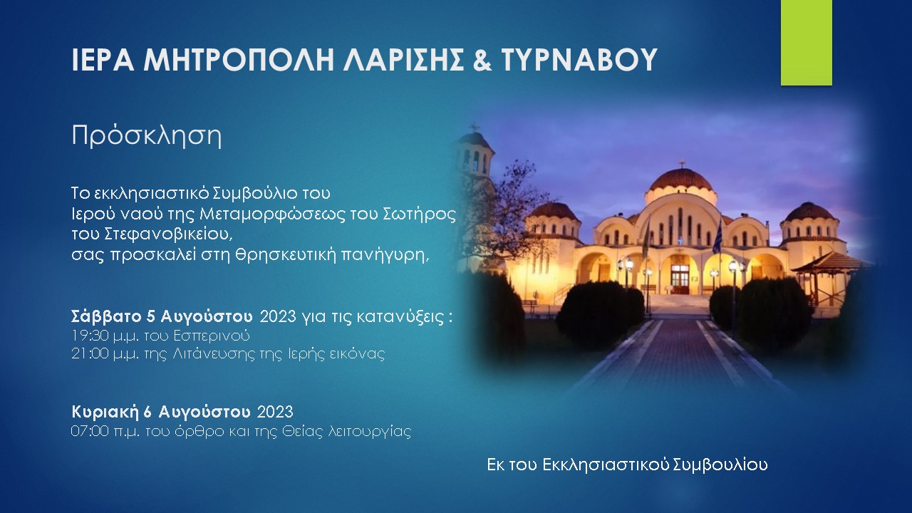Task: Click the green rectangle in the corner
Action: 806,43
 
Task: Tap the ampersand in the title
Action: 482,60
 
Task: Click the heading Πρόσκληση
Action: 147,136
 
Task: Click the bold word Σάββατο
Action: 108,317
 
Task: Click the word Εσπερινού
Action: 212,336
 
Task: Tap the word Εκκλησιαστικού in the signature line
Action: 606,465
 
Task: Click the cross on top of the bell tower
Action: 474,127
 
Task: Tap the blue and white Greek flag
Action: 717,236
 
